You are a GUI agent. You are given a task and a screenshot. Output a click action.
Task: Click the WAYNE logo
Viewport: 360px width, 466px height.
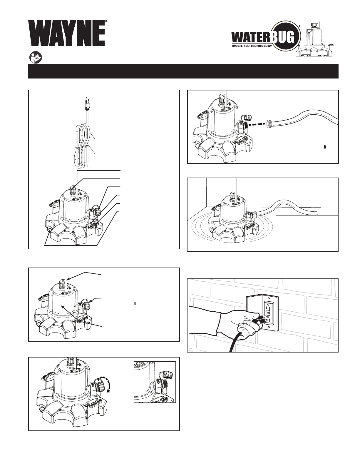coord(67,33)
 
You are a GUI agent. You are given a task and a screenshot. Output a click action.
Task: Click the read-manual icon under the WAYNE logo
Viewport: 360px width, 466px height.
coord(35,57)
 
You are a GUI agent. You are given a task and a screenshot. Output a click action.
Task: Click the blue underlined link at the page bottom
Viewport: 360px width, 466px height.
coord(58,463)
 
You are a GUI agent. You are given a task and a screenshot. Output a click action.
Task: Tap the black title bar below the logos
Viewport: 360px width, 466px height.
coord(183,71)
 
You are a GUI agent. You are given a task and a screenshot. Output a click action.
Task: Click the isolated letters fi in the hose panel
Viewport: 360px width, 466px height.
coord(325,147)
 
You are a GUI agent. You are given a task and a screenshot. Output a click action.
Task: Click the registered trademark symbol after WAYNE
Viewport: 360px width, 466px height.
coord(106,22)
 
